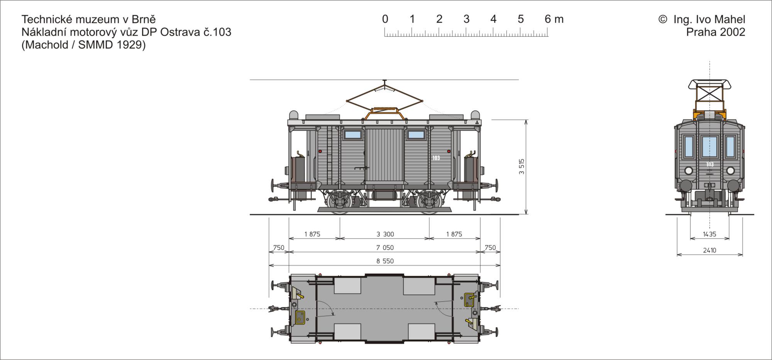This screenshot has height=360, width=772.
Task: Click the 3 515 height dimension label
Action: coord(521,167)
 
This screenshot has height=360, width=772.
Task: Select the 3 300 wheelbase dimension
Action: coord(385,234)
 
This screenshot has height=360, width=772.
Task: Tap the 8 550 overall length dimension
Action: coord(385,261)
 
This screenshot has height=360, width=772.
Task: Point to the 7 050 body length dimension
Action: coord(385,248)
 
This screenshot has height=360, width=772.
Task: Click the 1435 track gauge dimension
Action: coord(709,234)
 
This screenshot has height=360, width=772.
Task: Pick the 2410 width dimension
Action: coord(709,250)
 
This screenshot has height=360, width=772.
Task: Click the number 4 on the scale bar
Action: coord(493,19)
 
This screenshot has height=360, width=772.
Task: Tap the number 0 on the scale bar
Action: coord(385,19)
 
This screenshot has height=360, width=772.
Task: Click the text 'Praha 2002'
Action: coord(715,32)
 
